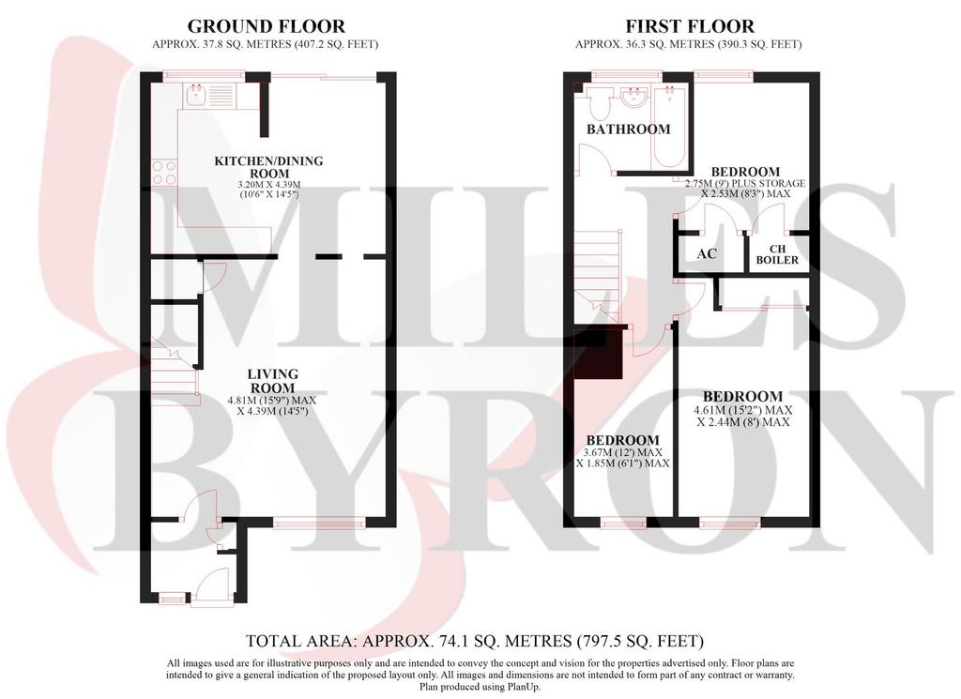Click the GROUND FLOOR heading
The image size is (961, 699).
tap(266, 26)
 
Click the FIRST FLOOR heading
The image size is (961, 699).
tap(690, 26)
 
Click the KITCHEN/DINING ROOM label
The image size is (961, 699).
tap(268, 167)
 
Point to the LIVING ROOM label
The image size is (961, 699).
tap(273, 380)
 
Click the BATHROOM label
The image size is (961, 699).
tap(628, 129)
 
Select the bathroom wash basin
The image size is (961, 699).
tap(633, 98)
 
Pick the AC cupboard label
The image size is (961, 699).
tap(707, 253)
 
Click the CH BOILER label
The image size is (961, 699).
tap(777, 254)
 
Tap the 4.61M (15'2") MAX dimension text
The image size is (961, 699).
tap(743, 410)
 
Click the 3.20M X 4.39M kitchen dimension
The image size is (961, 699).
tap(269, 185)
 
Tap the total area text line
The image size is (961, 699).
tap(475, 642)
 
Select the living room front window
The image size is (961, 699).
tap(319, 523)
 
